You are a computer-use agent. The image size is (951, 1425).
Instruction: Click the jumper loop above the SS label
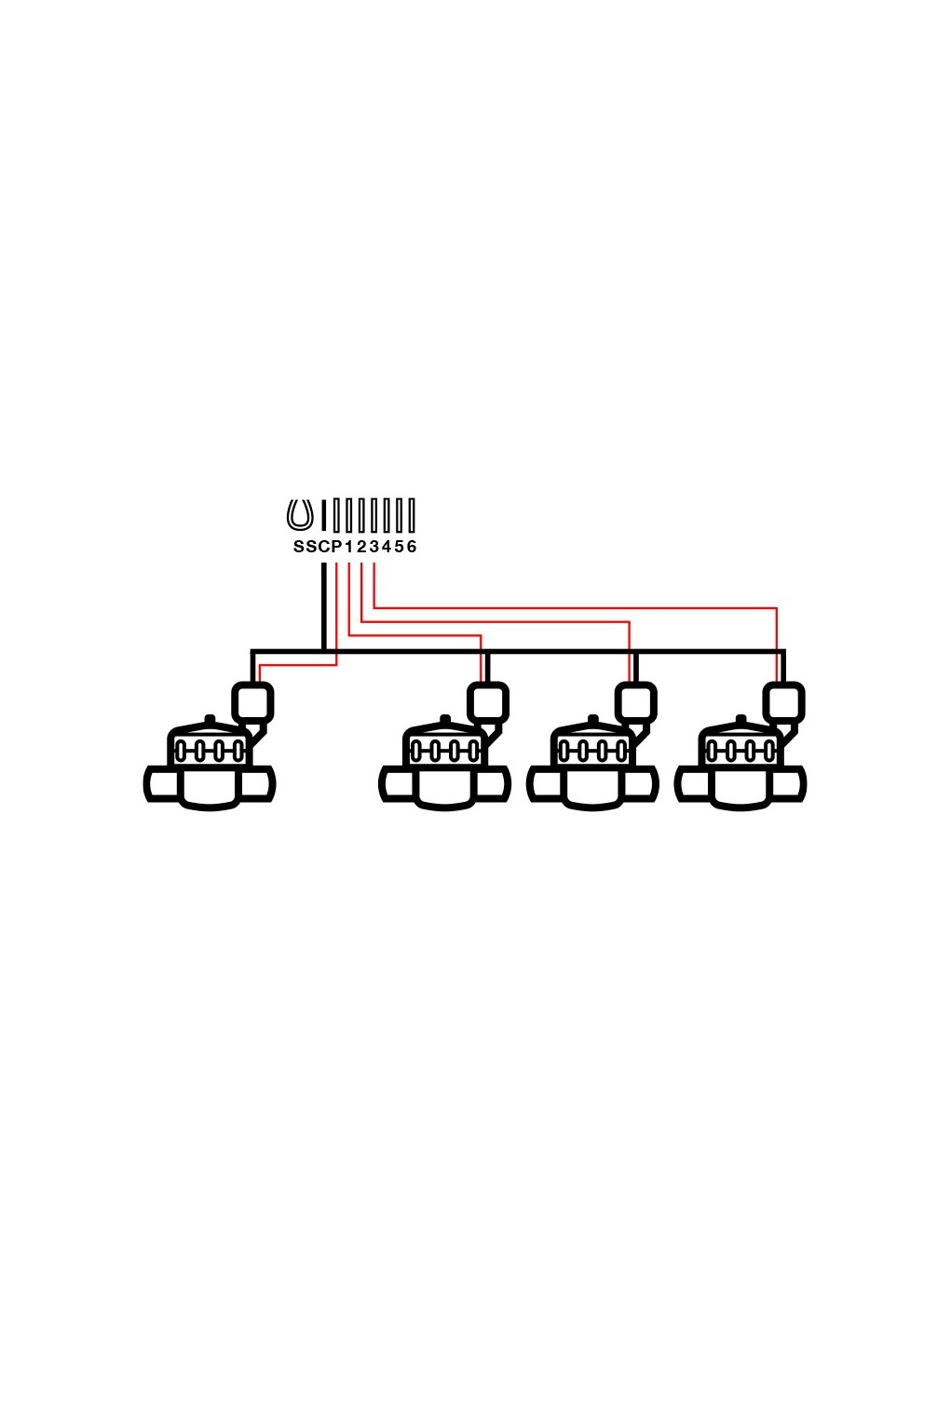(x=299, y=515)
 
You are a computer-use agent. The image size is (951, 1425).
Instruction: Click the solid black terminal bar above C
(x=323, y=515)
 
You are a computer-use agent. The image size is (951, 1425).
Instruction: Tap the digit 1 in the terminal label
(x=349, y=547)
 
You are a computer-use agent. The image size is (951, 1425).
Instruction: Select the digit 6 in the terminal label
(x=412, y=547)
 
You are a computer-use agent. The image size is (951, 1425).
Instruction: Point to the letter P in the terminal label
(x=336, y=547)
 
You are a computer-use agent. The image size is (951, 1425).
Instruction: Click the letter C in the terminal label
(x=323, y=547)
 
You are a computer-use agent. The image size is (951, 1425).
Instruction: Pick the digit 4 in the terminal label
(x=387, y=547)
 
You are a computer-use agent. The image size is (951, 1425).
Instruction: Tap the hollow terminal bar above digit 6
(x=412, y=515)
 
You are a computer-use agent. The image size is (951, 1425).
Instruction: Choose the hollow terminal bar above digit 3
(x=374, y=515)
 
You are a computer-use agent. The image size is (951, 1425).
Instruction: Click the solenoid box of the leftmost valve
(x=251, y=702)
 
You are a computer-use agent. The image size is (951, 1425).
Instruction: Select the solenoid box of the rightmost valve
(x=783, y=702)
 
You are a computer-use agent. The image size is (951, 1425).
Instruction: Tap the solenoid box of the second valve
(x=487, y=702)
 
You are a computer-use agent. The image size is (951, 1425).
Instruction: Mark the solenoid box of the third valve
(x=635, y=702)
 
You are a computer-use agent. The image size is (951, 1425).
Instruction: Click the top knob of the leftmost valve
(x=210, y=719)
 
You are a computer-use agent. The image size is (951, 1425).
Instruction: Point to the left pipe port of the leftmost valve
(x=161, y=784)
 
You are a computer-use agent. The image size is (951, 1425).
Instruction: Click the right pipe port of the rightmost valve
(x=790, y=784)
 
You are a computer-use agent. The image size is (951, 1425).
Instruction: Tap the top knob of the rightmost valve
(x=741, y=719)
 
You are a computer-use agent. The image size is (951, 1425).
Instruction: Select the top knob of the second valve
(x=445, y=719)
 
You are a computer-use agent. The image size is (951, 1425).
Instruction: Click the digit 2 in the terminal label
(x=361, y=547)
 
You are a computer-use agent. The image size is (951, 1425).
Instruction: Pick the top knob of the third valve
(x=593, y=719)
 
